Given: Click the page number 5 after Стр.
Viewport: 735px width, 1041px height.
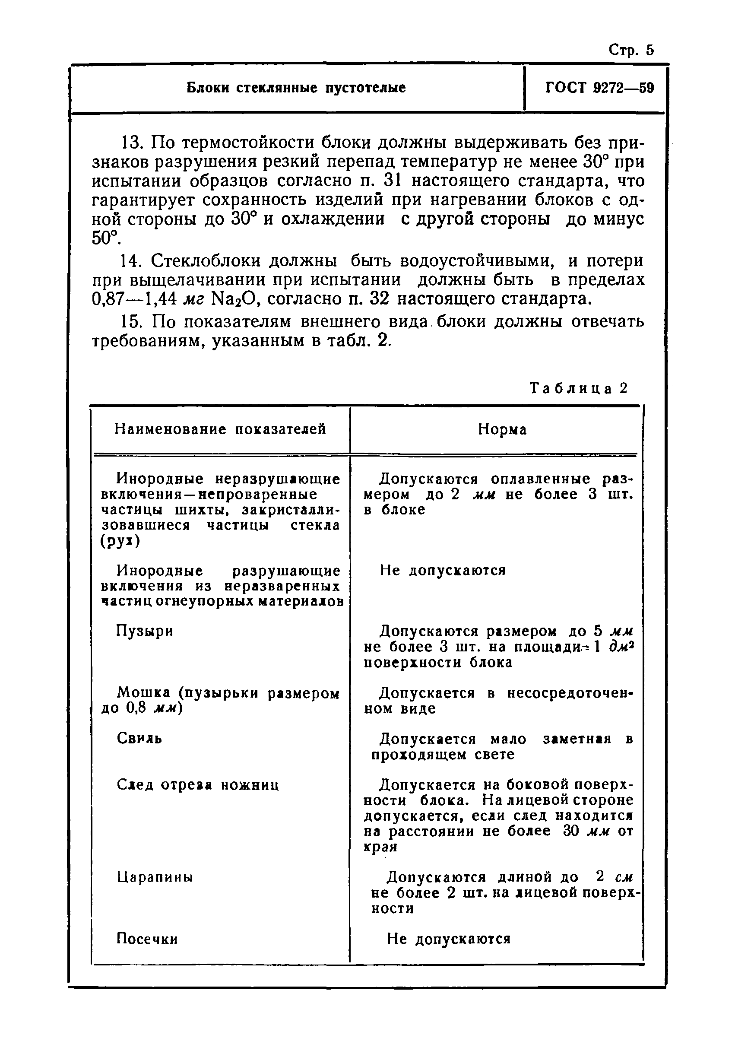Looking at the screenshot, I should (650, 50).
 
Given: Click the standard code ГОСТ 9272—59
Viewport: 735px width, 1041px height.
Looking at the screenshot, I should (599, 88).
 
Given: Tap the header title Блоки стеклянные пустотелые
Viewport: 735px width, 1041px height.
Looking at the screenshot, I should (296, 88).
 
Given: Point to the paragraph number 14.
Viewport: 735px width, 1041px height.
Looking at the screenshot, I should (132, 261).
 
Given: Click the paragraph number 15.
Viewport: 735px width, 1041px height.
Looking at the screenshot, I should (132, 321).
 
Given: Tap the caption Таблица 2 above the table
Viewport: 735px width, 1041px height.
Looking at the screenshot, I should (579, 388).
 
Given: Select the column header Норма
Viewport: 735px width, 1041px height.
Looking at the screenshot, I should (502, 429).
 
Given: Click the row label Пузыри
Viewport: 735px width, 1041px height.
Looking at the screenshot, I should (145, 631).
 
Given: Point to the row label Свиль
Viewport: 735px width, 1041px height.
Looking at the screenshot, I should (139, 738).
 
